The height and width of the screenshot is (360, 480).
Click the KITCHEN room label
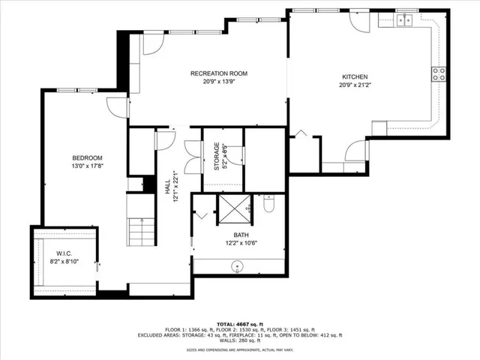point(355,76)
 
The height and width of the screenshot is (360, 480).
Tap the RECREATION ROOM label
point(218,73)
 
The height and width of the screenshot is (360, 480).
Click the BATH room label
point(240,235)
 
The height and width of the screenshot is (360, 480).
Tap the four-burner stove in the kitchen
point(438,73)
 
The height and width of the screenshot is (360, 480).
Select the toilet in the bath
point(270,203)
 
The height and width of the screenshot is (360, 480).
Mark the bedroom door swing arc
point(116,106)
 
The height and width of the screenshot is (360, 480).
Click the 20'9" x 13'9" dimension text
point(218,82)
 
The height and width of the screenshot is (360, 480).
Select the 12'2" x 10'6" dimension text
point(240,243)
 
